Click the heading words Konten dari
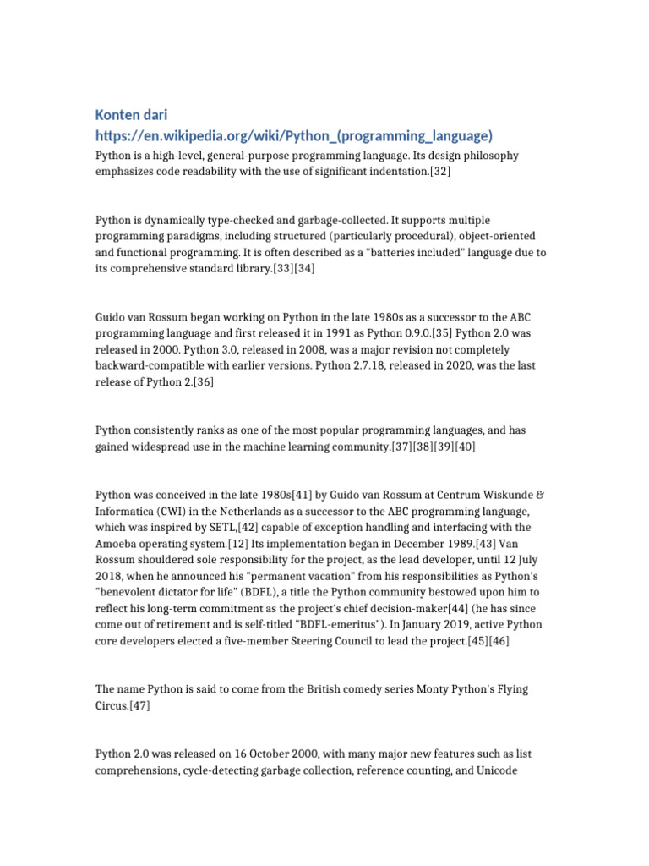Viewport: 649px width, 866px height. [131, 114]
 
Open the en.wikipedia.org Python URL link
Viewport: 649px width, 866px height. [293, 135]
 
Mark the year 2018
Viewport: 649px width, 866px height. [108, 574]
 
